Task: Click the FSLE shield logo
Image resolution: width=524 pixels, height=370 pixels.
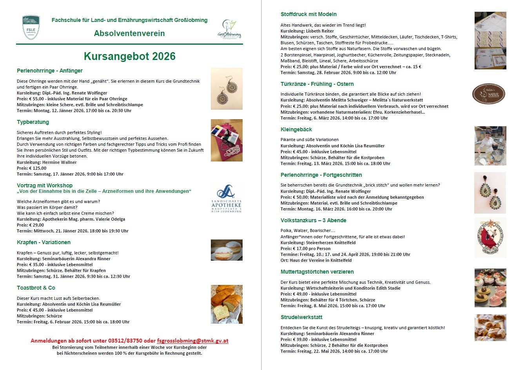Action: click(31, 28)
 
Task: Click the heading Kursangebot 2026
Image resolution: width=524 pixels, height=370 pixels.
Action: click(129, 56)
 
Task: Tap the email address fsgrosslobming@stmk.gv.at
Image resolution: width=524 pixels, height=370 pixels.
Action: click(192, 341)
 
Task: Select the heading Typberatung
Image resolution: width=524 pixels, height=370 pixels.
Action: click(33, 122)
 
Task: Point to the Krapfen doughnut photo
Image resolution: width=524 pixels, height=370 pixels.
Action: click(227, 250)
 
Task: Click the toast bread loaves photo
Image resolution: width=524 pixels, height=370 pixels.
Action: click(227, 304)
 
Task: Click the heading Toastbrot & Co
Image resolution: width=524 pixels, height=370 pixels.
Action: click(36, 288)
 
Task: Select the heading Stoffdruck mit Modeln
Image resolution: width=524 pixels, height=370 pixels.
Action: click(308, 14)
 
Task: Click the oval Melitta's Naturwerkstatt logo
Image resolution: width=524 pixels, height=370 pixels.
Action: click(489, 94)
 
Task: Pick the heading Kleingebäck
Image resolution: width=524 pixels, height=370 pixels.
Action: click(296, 129)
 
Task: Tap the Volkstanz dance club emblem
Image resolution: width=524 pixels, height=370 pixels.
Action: click(490, 237)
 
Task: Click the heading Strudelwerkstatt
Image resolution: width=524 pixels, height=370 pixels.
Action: click(301, 317)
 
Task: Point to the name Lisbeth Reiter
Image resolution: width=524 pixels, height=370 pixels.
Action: click(321, 31)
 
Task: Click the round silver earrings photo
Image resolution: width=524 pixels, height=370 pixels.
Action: click(227, 89)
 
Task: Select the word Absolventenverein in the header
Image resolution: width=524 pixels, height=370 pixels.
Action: click(129, 33)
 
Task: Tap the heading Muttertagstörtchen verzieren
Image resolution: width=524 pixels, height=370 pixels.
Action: click(317, 272)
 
